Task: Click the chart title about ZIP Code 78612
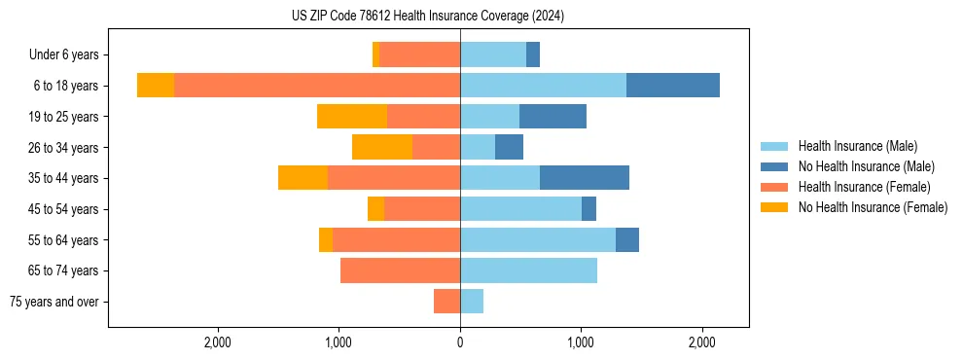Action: click(428, 16)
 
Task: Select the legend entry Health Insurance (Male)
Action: click(857, 146)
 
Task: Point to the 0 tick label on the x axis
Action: click(460, 342)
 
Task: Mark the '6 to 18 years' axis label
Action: click(66, 86)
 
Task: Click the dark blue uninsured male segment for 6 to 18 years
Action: click(673, 86)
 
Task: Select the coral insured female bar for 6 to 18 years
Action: click(317, 86)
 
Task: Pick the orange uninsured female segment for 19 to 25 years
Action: click(352, 116)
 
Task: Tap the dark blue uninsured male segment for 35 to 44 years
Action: click(585, 178)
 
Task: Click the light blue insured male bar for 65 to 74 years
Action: click(528, 270)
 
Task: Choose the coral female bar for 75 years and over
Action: click(446, 302)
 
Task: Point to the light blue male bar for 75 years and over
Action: click(472, 302)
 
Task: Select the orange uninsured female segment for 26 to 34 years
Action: click(382, 147)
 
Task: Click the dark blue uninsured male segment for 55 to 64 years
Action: click(627, 239)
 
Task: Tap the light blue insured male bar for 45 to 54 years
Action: click(520, 208)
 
